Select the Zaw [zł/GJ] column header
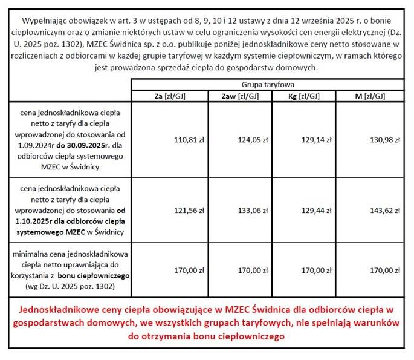coord(239,96)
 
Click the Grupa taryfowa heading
coord(268,85)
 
